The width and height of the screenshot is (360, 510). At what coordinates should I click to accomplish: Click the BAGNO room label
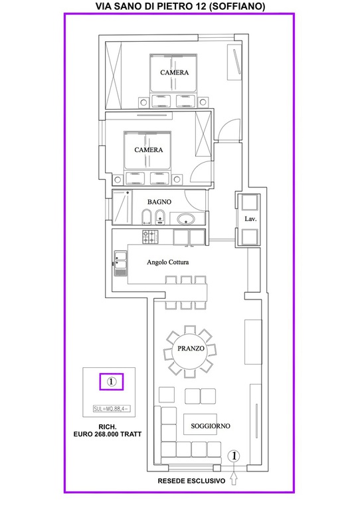click(159, 202)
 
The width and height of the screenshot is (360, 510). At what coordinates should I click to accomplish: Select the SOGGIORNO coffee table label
click(211, 426)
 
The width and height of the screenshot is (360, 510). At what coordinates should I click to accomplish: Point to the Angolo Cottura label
click(167, 262)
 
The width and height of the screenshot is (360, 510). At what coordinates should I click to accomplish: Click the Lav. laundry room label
click(250, 219)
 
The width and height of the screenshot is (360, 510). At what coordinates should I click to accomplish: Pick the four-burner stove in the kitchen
click(150, 236)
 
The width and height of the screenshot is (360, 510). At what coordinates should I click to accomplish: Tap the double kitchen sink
click(120, 264)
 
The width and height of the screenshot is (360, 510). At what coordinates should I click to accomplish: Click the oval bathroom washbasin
click(186, 219)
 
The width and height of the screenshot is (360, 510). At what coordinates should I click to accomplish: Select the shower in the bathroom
click(122, 207)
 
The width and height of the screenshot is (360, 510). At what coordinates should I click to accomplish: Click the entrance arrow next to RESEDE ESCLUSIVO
click(234, 479)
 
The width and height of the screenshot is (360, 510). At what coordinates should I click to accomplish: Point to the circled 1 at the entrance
click(234, 456)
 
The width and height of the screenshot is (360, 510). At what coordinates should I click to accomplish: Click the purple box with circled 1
click(112, 382)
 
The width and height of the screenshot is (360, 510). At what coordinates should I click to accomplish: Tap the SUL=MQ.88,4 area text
click(112, 409)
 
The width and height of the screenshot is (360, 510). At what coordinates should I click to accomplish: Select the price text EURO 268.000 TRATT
click(108, 434)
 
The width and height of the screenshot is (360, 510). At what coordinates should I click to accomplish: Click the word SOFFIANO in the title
click(237, 6)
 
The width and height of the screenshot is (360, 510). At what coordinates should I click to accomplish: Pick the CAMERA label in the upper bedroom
click(174, 72)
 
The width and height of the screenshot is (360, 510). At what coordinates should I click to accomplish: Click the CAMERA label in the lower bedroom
click(149, 150)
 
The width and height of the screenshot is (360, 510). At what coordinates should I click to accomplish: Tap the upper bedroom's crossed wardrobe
click(114, 75)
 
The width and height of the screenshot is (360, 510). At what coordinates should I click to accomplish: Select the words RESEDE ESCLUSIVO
click(191, 481)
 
